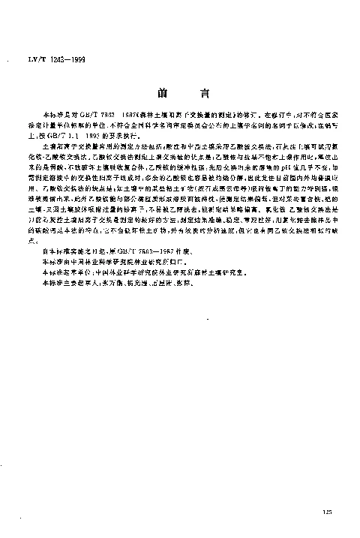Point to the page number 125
pos(325,512)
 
